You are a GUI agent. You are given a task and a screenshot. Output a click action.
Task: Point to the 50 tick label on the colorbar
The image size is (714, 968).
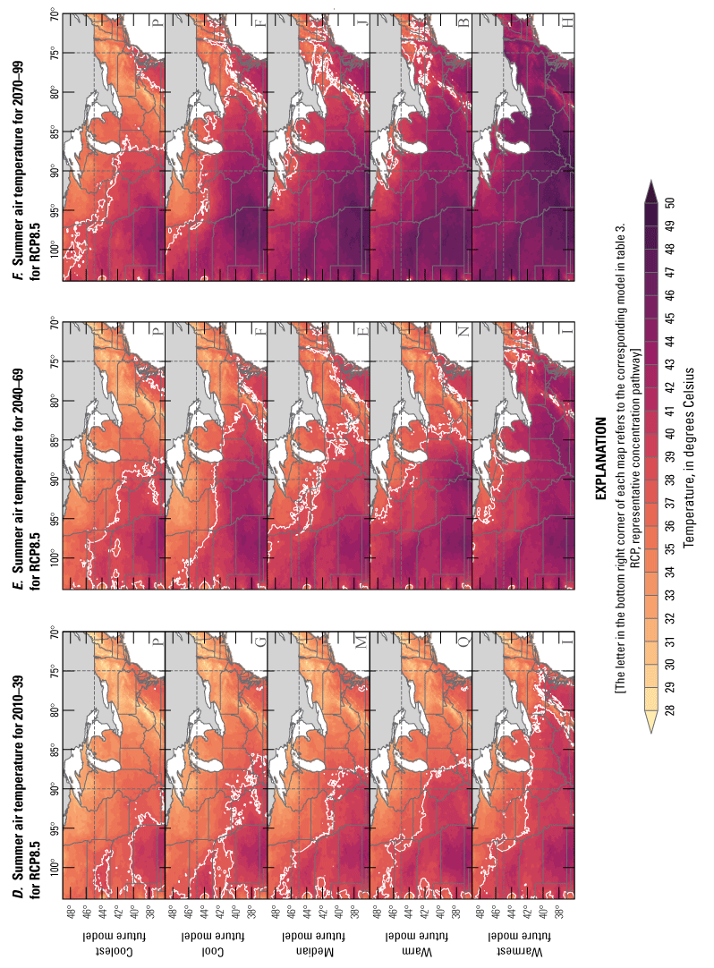(x=669, y=202)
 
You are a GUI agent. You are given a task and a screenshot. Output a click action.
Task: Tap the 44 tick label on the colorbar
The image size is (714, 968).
(x=669, y=342)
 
